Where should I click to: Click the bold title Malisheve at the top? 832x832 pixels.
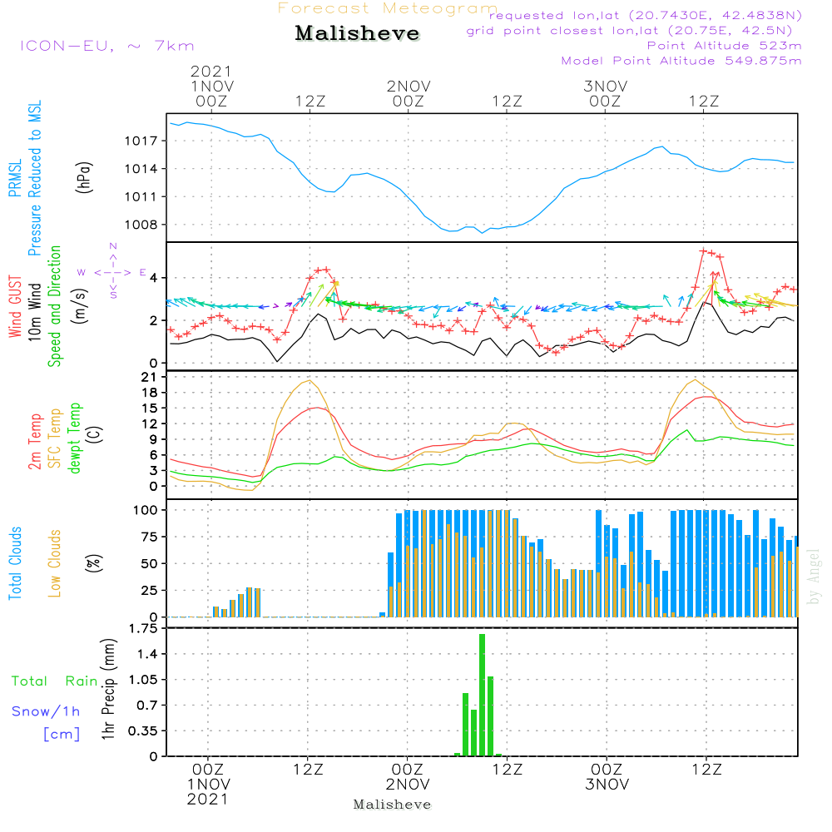click(357, 34)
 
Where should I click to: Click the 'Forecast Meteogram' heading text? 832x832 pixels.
click(388, 8)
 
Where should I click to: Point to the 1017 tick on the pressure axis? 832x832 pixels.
click(146, 141)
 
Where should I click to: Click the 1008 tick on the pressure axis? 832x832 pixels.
click(146, 225)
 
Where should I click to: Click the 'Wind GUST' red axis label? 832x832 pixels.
click(15, 307)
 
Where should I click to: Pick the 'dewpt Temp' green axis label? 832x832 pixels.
click(75, 438)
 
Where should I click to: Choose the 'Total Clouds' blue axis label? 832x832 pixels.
click(15, 563)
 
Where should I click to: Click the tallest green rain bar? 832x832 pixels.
click(482, 695)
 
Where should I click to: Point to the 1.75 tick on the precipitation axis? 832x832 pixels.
click(143, 629)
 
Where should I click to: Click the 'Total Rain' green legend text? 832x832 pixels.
click(54, 681)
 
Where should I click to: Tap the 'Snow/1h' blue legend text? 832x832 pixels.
click(47, 711)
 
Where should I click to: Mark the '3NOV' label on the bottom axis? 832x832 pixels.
click(606, 785)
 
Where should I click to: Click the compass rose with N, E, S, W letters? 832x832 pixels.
click(113, 271)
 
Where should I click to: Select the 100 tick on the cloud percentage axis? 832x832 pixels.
click(146, 509)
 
